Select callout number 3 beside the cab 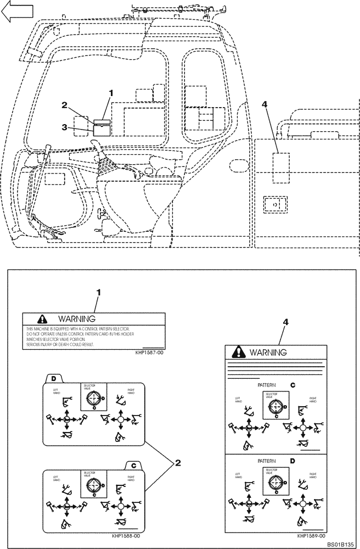point(65,127)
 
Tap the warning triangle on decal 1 point(42,318)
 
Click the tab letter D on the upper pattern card point(54,378)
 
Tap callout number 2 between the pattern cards point(177,463)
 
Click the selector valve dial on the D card point(94,397)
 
